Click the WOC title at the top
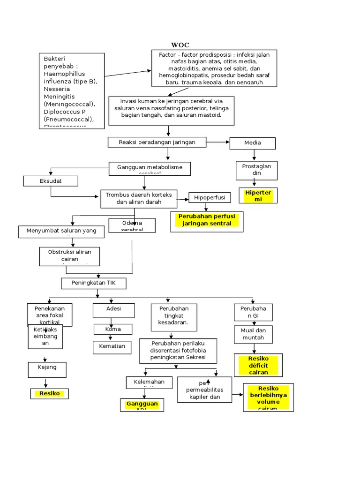180,45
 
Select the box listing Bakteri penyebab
71,90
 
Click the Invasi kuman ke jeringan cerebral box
171,111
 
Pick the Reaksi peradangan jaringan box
157,142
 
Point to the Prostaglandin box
256,170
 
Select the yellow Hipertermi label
258,196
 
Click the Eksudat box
51,180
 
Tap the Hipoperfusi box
209,198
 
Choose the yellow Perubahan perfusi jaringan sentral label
206,220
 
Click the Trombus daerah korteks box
139,199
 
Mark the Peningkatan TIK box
94,284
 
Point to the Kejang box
47,368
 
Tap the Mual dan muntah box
253,334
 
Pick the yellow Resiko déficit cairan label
258,366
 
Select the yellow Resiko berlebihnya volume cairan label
268,397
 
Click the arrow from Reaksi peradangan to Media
217,142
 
